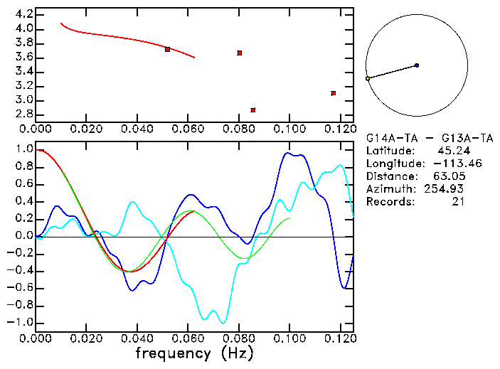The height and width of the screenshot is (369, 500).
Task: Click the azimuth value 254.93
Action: tap(446, 189)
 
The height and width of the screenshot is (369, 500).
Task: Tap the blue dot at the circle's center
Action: tap(417, 65)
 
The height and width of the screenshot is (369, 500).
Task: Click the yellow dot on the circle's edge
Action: tap(368, 78)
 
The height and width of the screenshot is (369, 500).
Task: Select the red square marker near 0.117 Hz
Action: tap(333, 93)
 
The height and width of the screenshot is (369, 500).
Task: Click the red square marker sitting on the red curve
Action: tap(167, 49)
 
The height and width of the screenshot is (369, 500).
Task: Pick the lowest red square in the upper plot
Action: tap(252, 110)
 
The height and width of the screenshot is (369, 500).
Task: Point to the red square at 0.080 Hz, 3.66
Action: tap(240, 53)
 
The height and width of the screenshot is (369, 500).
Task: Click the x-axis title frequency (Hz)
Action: tap(193, 353)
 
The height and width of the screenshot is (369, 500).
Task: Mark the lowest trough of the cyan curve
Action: tap(223, 323)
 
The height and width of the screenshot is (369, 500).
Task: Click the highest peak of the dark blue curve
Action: tap(288, 153)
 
